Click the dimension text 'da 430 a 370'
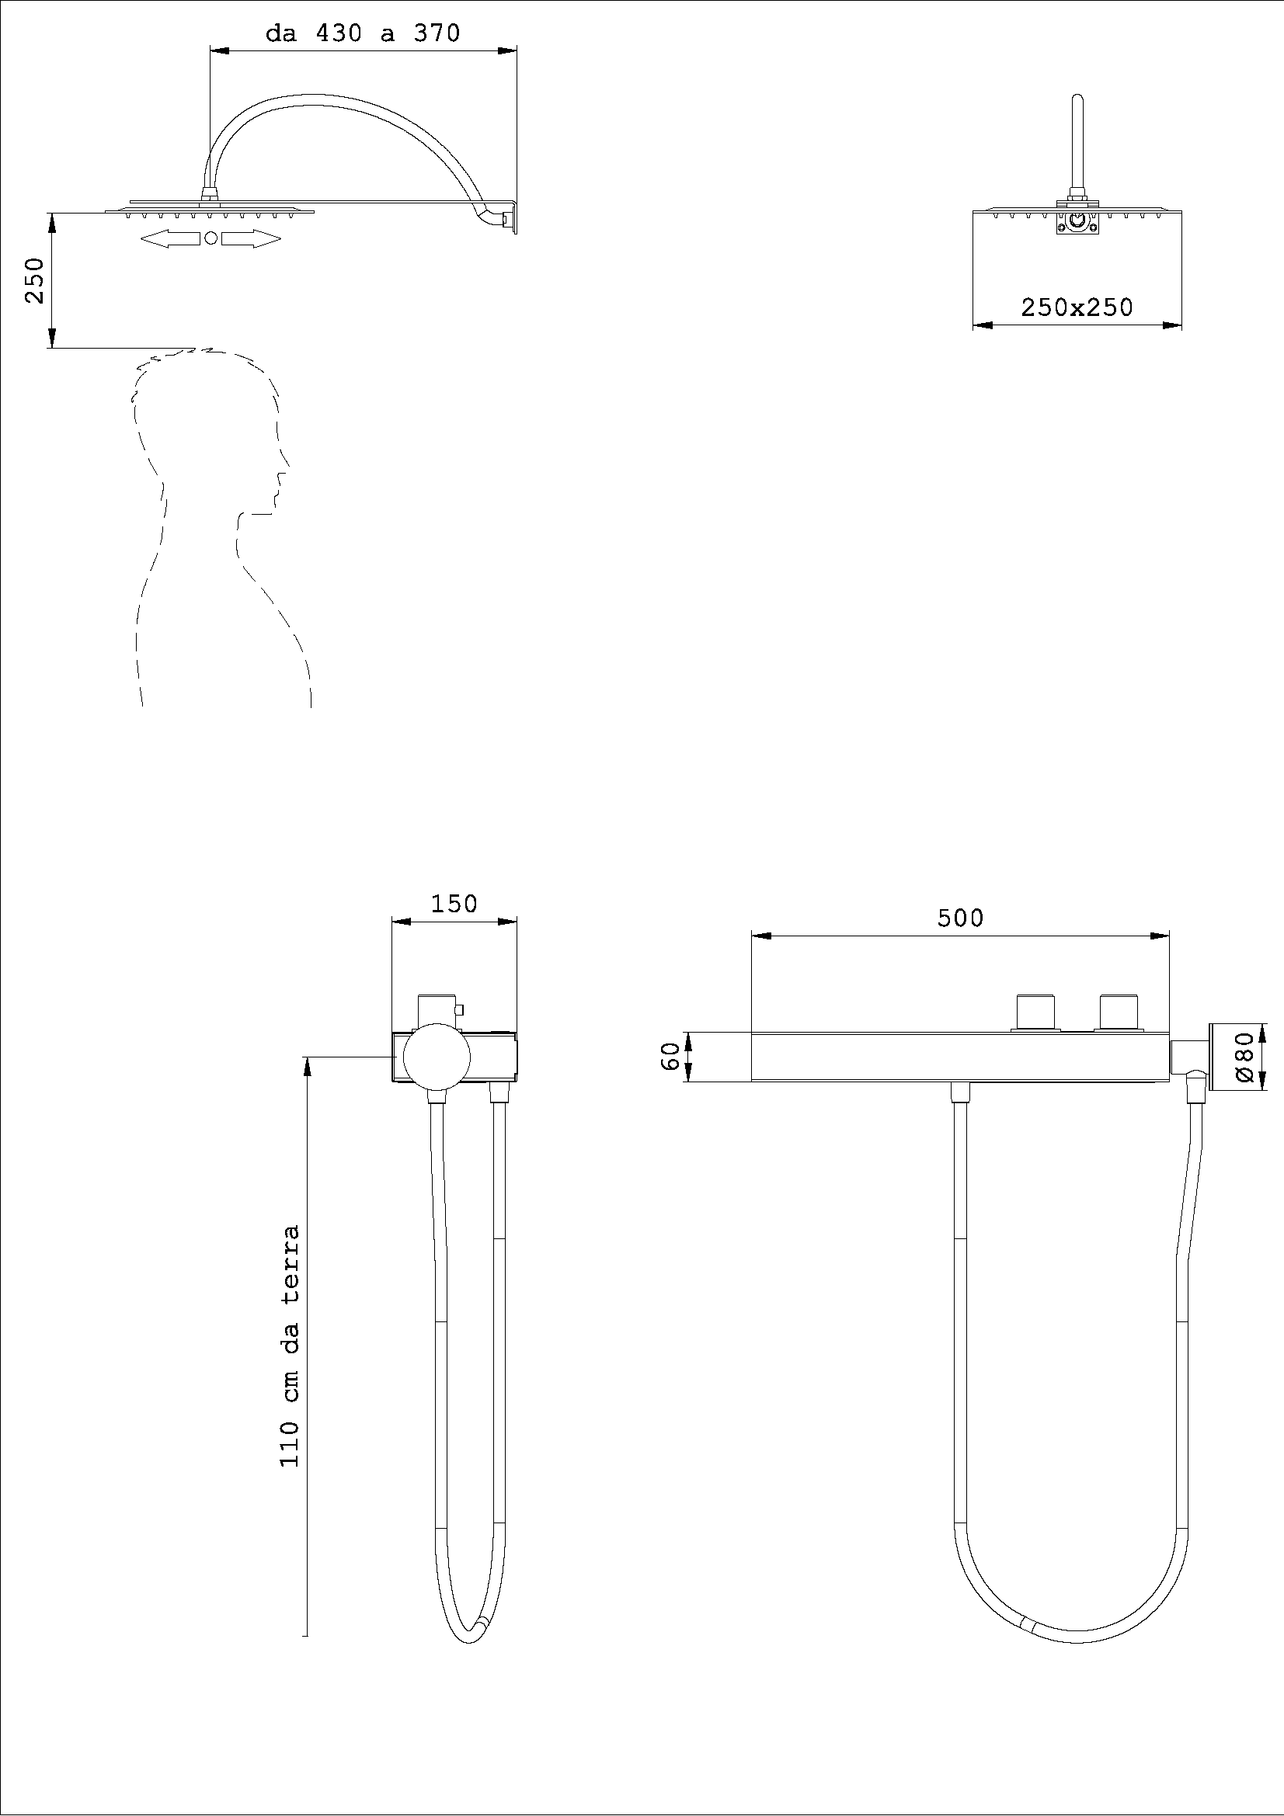362,34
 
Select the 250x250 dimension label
1077,307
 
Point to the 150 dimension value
454,903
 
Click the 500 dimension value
959,918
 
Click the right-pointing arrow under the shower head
251,239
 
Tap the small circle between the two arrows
211,238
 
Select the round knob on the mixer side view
437,1057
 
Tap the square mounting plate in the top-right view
1077,224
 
